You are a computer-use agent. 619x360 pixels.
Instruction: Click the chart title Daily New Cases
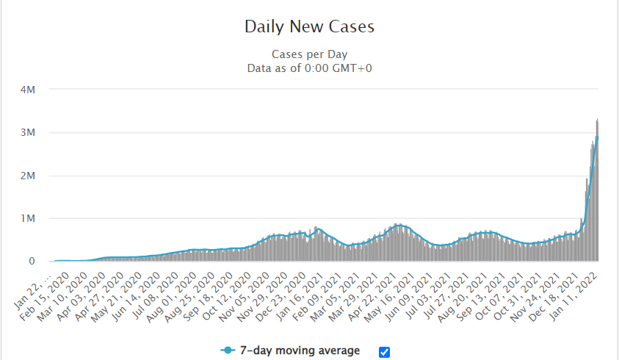click(309, 27)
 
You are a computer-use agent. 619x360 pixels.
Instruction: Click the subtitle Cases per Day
click(309, 54)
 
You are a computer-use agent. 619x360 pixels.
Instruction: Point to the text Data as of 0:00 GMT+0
click(309, 68)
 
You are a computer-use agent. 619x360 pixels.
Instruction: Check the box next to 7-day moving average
click(384, 352)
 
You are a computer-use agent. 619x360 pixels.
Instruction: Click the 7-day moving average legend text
click(300, 351)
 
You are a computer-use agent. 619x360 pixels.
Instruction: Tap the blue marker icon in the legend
click(229, 351)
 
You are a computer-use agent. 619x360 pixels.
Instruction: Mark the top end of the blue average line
click(598, 137)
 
